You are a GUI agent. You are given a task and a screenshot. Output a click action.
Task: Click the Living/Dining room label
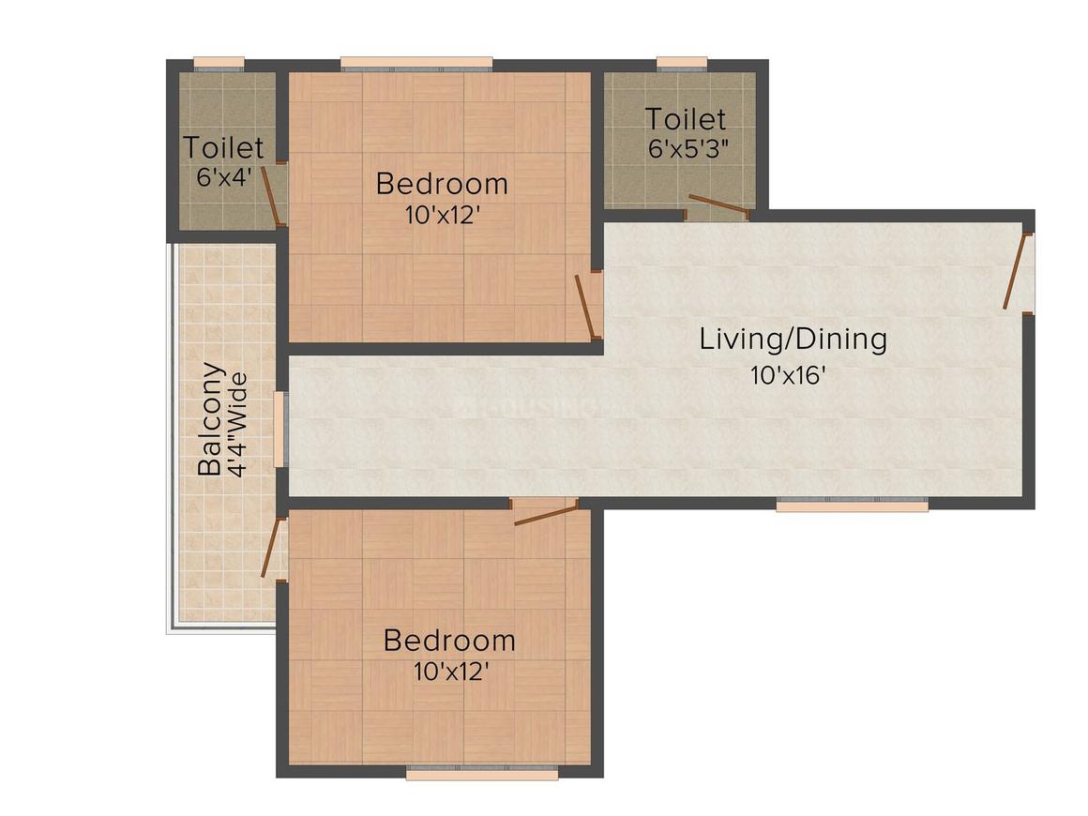coord(793,340)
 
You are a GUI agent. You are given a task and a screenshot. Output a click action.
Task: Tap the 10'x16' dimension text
coord(788,376)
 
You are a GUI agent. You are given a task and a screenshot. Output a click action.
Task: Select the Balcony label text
coord(212,418)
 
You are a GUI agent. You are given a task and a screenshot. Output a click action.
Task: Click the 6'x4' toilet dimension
coord(224,177)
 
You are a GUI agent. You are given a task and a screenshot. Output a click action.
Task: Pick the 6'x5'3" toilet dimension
coord(688,148)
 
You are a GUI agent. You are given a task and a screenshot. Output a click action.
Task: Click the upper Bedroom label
coord(442,184)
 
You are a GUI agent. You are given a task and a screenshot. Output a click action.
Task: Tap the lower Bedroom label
coord(449,642)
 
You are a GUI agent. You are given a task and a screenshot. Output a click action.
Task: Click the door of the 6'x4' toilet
coord(272,194)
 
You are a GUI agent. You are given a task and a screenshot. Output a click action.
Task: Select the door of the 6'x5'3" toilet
coord(718,205)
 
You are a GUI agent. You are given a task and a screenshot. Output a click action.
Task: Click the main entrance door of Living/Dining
coord(1017,272)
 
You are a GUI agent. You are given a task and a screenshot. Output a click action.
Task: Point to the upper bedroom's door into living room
coord(587,305)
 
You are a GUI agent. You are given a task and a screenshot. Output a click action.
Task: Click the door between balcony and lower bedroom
coord(273,547)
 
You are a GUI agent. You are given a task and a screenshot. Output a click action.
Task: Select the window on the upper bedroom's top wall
coord(416,65)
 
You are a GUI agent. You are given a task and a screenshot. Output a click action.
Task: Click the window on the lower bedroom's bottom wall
coord(482,774)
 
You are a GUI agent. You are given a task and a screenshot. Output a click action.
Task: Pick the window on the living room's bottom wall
coord(852,505)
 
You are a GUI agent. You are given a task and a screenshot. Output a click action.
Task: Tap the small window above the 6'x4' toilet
coord(219,64)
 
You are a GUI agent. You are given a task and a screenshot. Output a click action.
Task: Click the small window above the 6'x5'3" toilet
coord(681,64)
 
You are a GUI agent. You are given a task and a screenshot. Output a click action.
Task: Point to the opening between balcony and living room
coord(279,430)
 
